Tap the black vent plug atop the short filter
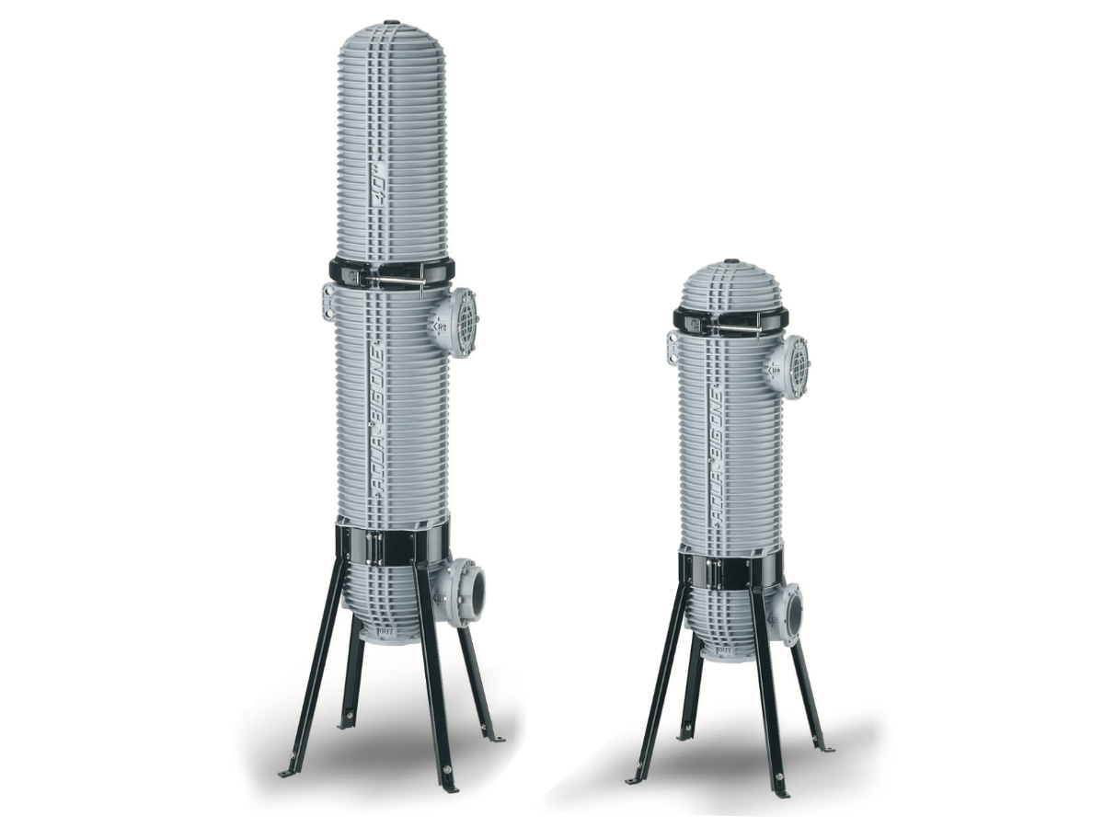tap(731, 261)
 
